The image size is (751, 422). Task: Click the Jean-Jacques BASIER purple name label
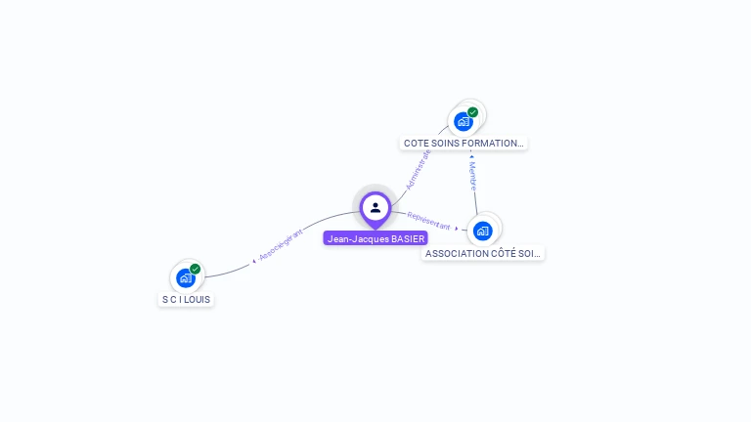coord(375,238)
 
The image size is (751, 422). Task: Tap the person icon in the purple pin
coord(375,207)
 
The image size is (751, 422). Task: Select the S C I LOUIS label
coord(186,299)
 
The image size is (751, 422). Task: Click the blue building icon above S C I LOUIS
coord(185,277)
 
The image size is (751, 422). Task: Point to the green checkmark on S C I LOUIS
coord(195,269)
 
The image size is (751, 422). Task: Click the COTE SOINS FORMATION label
coord(464,143)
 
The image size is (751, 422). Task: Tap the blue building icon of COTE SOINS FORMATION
coord(463,121)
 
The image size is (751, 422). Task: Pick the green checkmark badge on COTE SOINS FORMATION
coord(472,112)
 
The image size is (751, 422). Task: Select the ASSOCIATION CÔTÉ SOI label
coord(483,253)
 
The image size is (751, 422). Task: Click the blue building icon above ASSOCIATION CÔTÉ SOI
coord(481,231)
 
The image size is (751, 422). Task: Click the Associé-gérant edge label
coord(282,244)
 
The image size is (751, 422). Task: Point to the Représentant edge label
coord(428,220)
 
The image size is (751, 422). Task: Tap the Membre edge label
coord(473,176)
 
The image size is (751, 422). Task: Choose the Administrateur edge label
coord(419,168)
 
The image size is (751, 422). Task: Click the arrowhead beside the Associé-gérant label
coord(254,260)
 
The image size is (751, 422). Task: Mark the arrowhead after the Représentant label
coord(458,229)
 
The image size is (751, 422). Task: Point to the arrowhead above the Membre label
coord(471,156)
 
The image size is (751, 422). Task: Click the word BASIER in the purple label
coord(408,238)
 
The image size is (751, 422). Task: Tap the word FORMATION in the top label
coord(493,143)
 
